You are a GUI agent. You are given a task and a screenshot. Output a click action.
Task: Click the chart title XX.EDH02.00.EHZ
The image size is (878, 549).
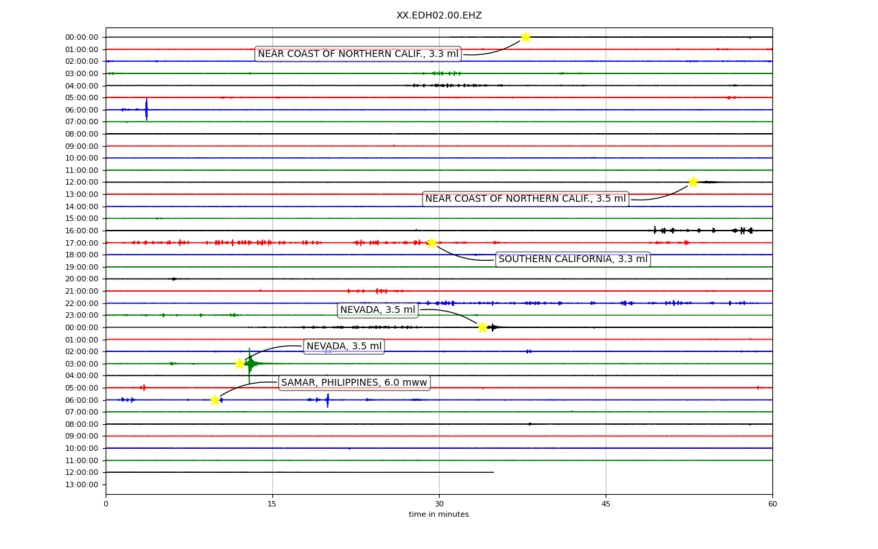tap(439, 15)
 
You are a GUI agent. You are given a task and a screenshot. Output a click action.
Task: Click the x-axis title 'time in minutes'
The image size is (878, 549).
tap(438, 514)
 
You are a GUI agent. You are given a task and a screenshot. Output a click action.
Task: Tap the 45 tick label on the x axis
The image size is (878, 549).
tap(606, 504)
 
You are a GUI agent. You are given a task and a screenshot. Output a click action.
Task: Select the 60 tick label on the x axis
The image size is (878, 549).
tap(772, 504)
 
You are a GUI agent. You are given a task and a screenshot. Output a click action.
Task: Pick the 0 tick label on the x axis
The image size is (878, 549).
tap(106, 504)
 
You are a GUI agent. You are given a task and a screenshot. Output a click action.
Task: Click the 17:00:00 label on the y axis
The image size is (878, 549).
tap(82, 243)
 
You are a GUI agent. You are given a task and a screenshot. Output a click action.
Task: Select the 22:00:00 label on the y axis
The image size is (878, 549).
tap(82, 303)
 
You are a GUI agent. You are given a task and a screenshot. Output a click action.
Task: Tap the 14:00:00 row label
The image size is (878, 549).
tap(82, 207)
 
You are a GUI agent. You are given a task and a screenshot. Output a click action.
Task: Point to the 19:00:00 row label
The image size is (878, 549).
tap(82, 267)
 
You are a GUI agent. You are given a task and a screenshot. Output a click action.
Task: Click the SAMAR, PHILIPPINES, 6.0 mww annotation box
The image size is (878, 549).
tap(355, 383)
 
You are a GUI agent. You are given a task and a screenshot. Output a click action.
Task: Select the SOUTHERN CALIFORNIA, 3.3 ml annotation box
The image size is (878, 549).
tap(573, 259)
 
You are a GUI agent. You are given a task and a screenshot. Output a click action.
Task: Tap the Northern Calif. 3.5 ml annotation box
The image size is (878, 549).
tap(525, 199)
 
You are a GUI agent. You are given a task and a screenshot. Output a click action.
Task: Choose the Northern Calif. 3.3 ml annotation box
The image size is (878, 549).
tap(358, 54)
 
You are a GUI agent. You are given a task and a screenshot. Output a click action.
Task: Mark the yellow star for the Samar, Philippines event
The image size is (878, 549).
tap(215, 400)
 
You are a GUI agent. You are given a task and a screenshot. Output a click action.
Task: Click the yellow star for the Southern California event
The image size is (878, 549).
tap(431, 243)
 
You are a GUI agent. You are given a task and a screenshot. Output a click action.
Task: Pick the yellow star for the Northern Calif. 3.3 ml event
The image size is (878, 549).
tap(525, 37)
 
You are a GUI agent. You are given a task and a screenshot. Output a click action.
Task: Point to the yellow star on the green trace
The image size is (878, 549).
tap(239, 364)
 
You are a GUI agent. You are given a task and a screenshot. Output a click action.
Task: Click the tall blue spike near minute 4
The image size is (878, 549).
tap(147, 109)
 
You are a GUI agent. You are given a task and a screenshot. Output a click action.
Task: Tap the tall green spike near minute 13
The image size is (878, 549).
tap(249, 365)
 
